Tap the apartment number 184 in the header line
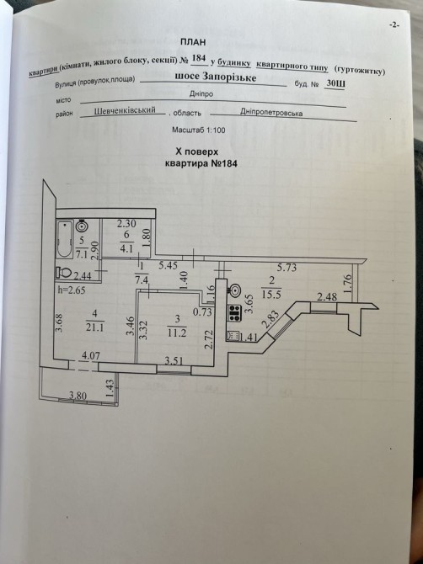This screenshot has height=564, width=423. point(199,59)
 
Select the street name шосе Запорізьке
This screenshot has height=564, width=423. point(215,77)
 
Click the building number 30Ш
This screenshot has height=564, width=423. point(335,84)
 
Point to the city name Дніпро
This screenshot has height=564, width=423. point(201,94)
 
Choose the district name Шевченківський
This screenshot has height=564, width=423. point(125,110)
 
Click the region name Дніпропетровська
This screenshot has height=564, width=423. point(271,113)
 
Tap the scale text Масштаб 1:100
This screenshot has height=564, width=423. point(199,130)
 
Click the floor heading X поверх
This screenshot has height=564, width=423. point(196,152)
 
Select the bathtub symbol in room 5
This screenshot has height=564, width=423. point(65,238)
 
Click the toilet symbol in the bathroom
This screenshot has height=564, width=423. point(64,272)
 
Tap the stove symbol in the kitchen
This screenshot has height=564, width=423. point(234,312)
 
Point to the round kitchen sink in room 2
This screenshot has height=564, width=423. point(235,290)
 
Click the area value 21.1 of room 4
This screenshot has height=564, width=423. point(95,327)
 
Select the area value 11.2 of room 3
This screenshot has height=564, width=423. point(177,333)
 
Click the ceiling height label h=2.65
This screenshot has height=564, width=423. point(72,290)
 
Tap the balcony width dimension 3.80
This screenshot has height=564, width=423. point(78,396)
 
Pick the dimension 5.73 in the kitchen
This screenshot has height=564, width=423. point(287,267)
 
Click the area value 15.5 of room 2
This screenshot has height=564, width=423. point(272,294)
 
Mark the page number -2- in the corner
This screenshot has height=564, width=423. point(394,24)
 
